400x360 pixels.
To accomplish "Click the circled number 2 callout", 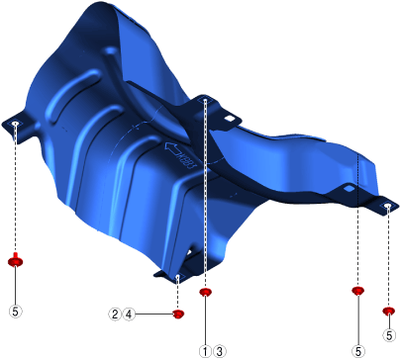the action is [x=115, y=315].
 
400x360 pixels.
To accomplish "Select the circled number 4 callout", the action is [x=129, y=315].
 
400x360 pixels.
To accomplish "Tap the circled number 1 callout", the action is [x=205, y=351].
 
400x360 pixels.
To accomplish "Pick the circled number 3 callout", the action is [x=220, y=351].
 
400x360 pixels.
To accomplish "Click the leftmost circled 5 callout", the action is [x=15, y=311].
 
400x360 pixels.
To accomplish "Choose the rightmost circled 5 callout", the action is [x=389, y=335].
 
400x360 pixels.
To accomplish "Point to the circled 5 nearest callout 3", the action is [x=358, y=351].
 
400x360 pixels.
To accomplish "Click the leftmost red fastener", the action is [x=15, y=260].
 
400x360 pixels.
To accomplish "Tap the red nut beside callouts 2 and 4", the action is [x=178, y=314].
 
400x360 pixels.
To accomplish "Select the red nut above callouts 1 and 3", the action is [x=205, y=292].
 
